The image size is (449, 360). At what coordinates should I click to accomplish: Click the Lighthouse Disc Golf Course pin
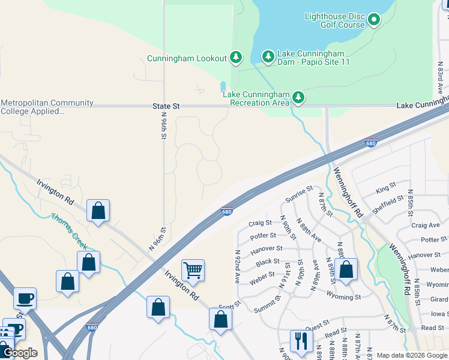coord(373,20)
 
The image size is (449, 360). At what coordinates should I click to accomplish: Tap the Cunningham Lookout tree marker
coord(237,58)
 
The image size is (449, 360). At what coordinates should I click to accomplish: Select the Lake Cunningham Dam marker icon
coord(268,57)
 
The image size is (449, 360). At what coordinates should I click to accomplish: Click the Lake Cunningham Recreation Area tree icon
coord(298,97)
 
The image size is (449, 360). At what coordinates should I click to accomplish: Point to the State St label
coord(166,106)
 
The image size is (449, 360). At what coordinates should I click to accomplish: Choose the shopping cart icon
coord(193,270)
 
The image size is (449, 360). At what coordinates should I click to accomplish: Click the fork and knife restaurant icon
coord(299,341)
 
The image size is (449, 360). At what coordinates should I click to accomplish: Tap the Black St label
coord(267,262)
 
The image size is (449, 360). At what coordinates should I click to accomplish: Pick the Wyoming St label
coord(343,296)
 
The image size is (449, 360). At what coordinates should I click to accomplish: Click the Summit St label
coord(267,306)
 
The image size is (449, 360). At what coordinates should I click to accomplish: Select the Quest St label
coord(317,328)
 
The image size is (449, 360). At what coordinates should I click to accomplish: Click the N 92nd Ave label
coord(237,266)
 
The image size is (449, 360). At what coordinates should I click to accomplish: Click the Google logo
coord(20,353)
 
